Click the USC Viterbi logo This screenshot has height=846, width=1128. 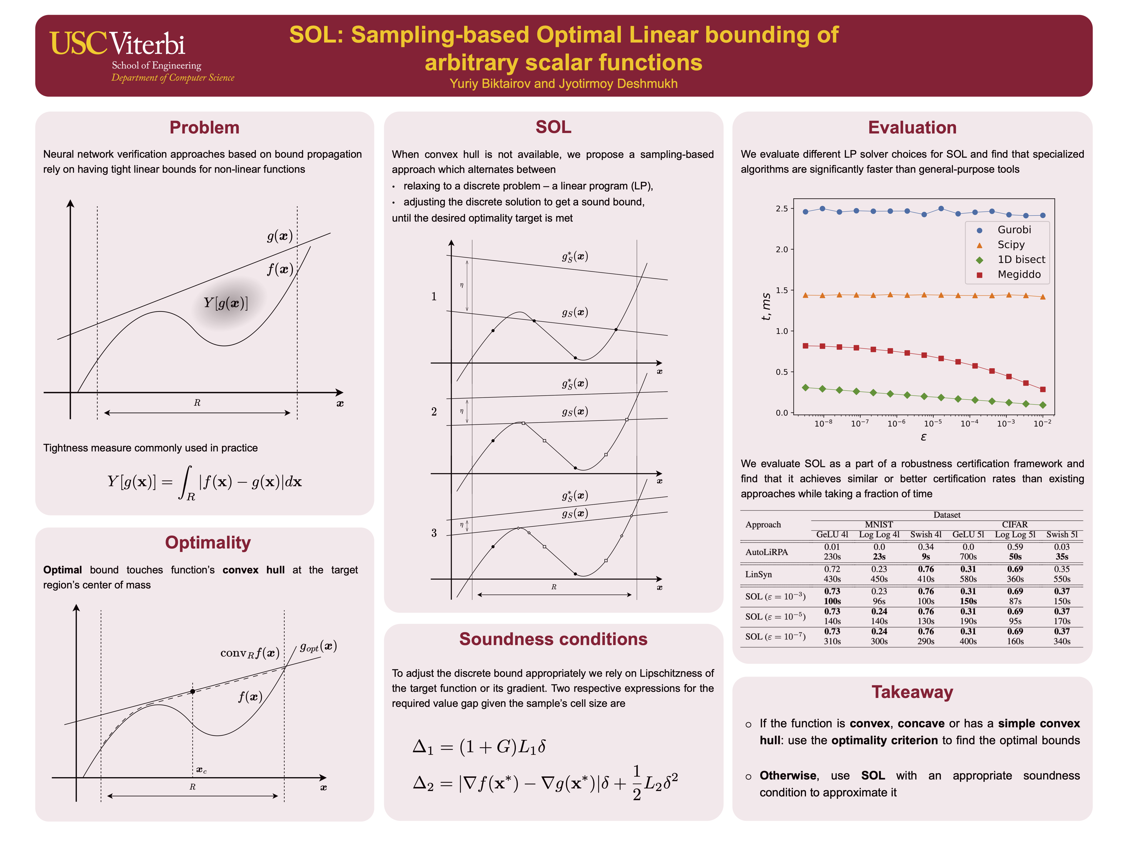pyautogui.click(x=142, y=55)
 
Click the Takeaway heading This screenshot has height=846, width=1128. pyautogui.click(x=912, y=692)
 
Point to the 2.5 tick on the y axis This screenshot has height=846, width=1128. pyautogui.click(x=781, y=209)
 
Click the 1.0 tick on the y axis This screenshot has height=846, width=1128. pyautogui.click(x=781, y=331)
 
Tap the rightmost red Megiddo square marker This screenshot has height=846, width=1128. pyautogui.click(x=1042, y=390)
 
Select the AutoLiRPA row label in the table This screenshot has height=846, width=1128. pyautogui.click(x=766, y=552)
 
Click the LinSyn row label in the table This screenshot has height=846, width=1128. pyautogui.click(x=758, y=574)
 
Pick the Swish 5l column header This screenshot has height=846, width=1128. pyautogui.click(x=1062, y=534)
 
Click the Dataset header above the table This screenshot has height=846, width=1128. pyautogui.click(x=946, y=515)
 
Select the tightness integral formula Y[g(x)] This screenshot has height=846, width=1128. pyautogui.click(x=204, y=482)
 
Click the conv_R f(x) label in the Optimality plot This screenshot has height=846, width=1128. pyautogui.click(x=250, y=653)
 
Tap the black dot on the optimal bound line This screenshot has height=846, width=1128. pyautogui.click(x=193, y=691)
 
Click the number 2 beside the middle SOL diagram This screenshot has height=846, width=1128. pyautogui.click(x=434, y=412)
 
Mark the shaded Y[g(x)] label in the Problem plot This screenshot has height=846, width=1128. pyautogui.click(x=226, y=303)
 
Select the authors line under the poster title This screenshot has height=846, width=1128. pyautogui.click(x=563, y=84)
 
